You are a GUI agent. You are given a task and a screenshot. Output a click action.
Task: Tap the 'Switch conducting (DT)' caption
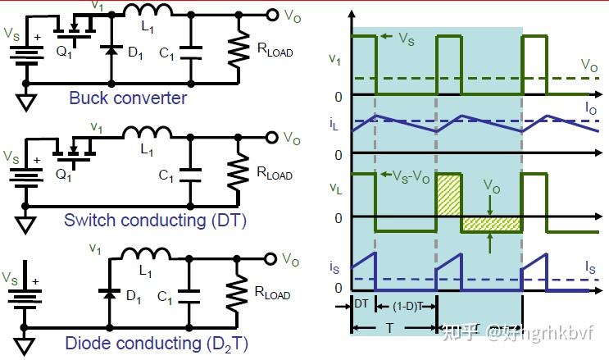(x=155, y=220)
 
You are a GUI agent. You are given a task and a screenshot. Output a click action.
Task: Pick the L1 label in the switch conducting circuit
(x=147, y=150)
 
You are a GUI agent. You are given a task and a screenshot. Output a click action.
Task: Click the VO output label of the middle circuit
(x=291, y=138)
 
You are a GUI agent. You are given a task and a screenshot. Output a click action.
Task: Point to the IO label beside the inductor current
(x=590, y=107)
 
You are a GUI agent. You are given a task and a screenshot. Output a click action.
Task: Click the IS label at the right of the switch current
(x=591, y=267)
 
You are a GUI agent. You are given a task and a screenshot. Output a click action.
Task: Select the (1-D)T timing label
(x=402, y=306)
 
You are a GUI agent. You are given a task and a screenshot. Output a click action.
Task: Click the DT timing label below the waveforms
(x=361, y=303)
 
